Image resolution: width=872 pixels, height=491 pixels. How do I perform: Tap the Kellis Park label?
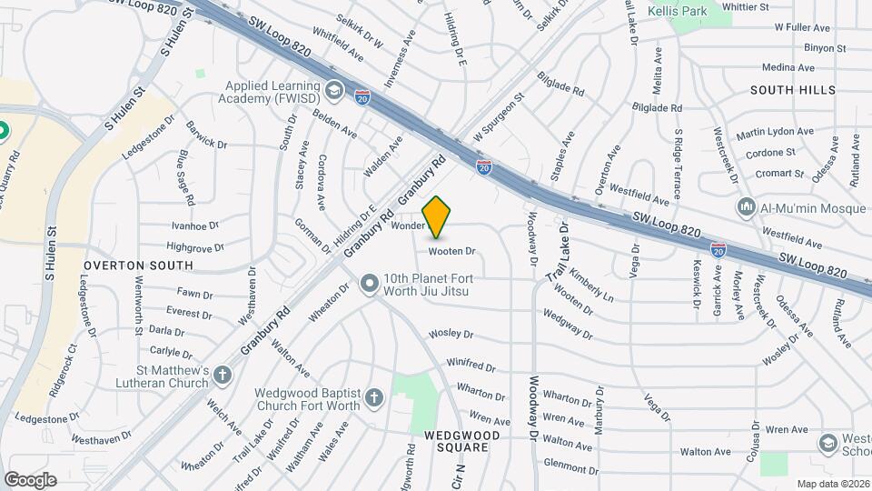(x=678, y=12)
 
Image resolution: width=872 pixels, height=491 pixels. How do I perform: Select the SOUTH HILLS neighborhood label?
(x=793, y=90)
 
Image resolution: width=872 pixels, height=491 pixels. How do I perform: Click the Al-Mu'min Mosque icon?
(x=747, y=206)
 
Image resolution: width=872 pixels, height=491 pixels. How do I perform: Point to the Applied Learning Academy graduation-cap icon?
(x=334, y=90)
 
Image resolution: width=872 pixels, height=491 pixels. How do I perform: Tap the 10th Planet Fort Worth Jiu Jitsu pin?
(x=369, y=285)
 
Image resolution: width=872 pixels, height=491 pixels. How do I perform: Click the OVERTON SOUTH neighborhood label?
(x=138, y=266)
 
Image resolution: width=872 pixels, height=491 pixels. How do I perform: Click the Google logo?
(x=30, y=479)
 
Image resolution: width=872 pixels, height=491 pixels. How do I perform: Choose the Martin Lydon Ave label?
(x=775, y=133)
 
